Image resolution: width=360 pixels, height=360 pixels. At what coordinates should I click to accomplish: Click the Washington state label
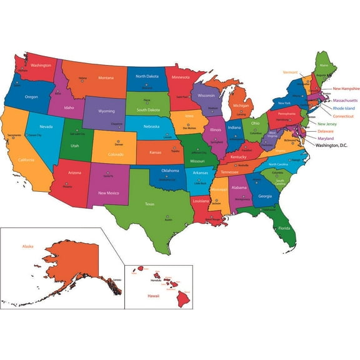pyautogui.click(x=41, y=65)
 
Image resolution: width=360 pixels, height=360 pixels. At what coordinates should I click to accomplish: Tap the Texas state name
pyautogui.click(x=150, y=204)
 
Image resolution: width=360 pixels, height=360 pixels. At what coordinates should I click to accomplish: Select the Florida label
pyautogui.click(x=284, y=228)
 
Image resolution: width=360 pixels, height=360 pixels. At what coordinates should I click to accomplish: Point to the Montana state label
pyautogui.click(x=106, y=77)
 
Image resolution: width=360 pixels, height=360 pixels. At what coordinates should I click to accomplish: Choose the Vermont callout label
pyautogui.click(x=290, y=72)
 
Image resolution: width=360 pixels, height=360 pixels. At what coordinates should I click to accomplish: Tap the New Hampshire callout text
pyautogui.click(x=346, y=88)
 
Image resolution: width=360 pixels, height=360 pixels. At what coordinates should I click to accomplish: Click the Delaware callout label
pyautogui.click(x=326, y=131)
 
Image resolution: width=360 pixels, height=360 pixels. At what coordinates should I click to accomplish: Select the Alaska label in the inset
pyautogui.click(x=27, y=246)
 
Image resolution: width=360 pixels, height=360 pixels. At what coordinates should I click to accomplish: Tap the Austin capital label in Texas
pyautogui.click(x=168, y=219)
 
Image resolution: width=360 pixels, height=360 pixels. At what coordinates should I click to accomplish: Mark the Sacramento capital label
pyautogui.click(x=14, y=135)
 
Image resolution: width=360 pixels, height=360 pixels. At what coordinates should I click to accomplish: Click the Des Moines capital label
pyautogui.click(x=189, y=128)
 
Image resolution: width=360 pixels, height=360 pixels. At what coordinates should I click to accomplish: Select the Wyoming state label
pyautogui.click(x=107, y=111)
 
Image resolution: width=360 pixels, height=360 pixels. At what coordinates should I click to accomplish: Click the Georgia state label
pyautogui.click(x=265, y=196)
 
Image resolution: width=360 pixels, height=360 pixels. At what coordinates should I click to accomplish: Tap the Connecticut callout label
pyautogui.click(x=343, y=116)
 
